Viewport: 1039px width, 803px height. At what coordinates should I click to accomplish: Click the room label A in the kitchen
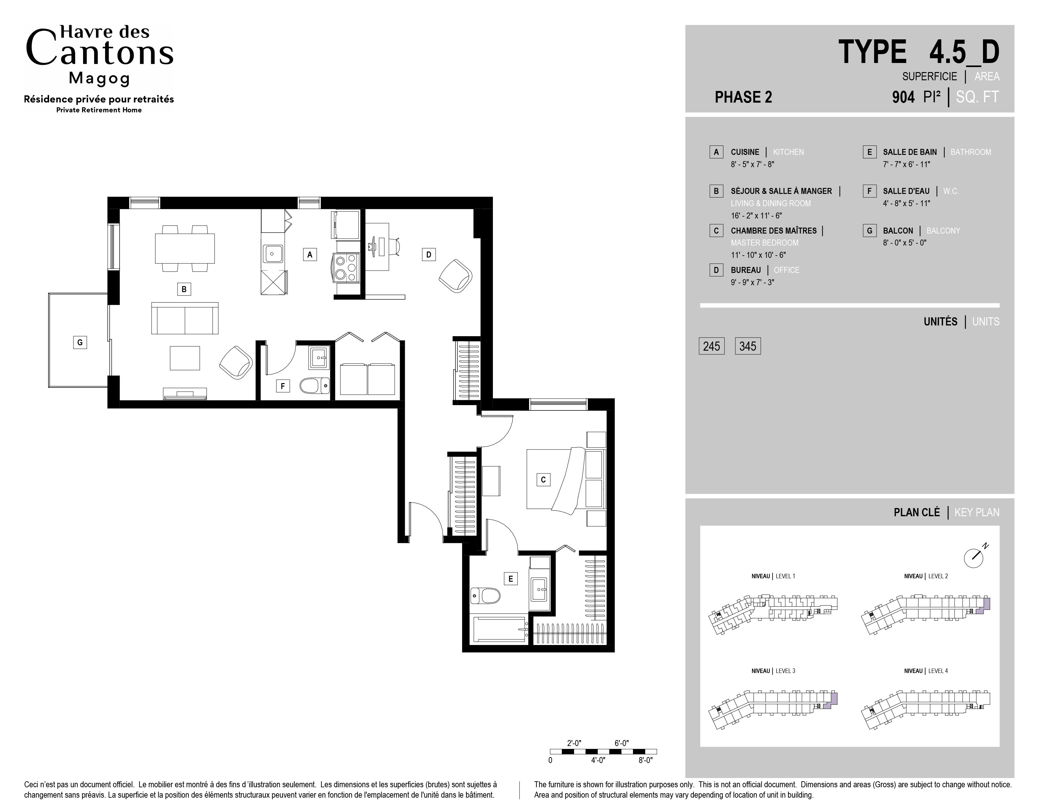click(x=310, y=255)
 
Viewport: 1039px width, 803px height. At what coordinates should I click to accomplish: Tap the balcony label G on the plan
click(x=80, y=342)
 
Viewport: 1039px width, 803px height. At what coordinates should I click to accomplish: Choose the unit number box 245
click(x=712, y=346)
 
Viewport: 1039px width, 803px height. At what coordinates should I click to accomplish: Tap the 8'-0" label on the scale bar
click(x=646, y=760)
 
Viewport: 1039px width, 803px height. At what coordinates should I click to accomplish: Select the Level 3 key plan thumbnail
click(x=773, y=708)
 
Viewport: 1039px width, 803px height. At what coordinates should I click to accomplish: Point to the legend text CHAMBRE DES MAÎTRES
click(x=774, y=231)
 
